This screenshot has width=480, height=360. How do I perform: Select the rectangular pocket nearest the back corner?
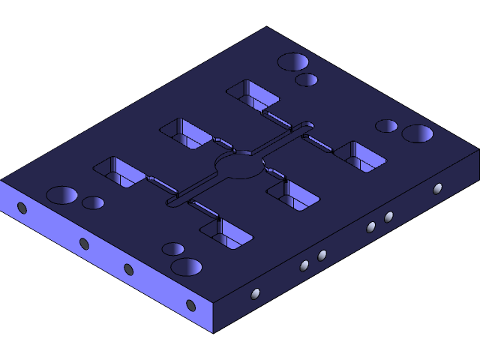coord(253,94)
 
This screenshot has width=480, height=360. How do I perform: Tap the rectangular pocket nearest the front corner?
coord(226,235)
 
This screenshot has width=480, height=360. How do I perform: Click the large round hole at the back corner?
coord(293,62)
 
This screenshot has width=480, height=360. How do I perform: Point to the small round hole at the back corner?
coord(306,79)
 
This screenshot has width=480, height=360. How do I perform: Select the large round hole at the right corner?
coord(417,133)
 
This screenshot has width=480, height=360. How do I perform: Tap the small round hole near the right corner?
coord(386,125)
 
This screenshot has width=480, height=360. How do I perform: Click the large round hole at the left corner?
coord(62,195)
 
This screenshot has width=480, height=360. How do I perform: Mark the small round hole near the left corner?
coord(93,202)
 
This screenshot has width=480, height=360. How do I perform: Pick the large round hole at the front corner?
coord(186,266)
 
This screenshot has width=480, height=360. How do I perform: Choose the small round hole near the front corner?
coord(173,249)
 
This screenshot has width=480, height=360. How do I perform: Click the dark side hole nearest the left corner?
coord(22,208)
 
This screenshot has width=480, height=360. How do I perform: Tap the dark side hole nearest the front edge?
coord(190,305)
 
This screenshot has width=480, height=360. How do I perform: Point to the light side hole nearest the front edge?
coord(255,294)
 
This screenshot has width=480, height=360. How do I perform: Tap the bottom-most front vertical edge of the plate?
coord(214,318)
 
